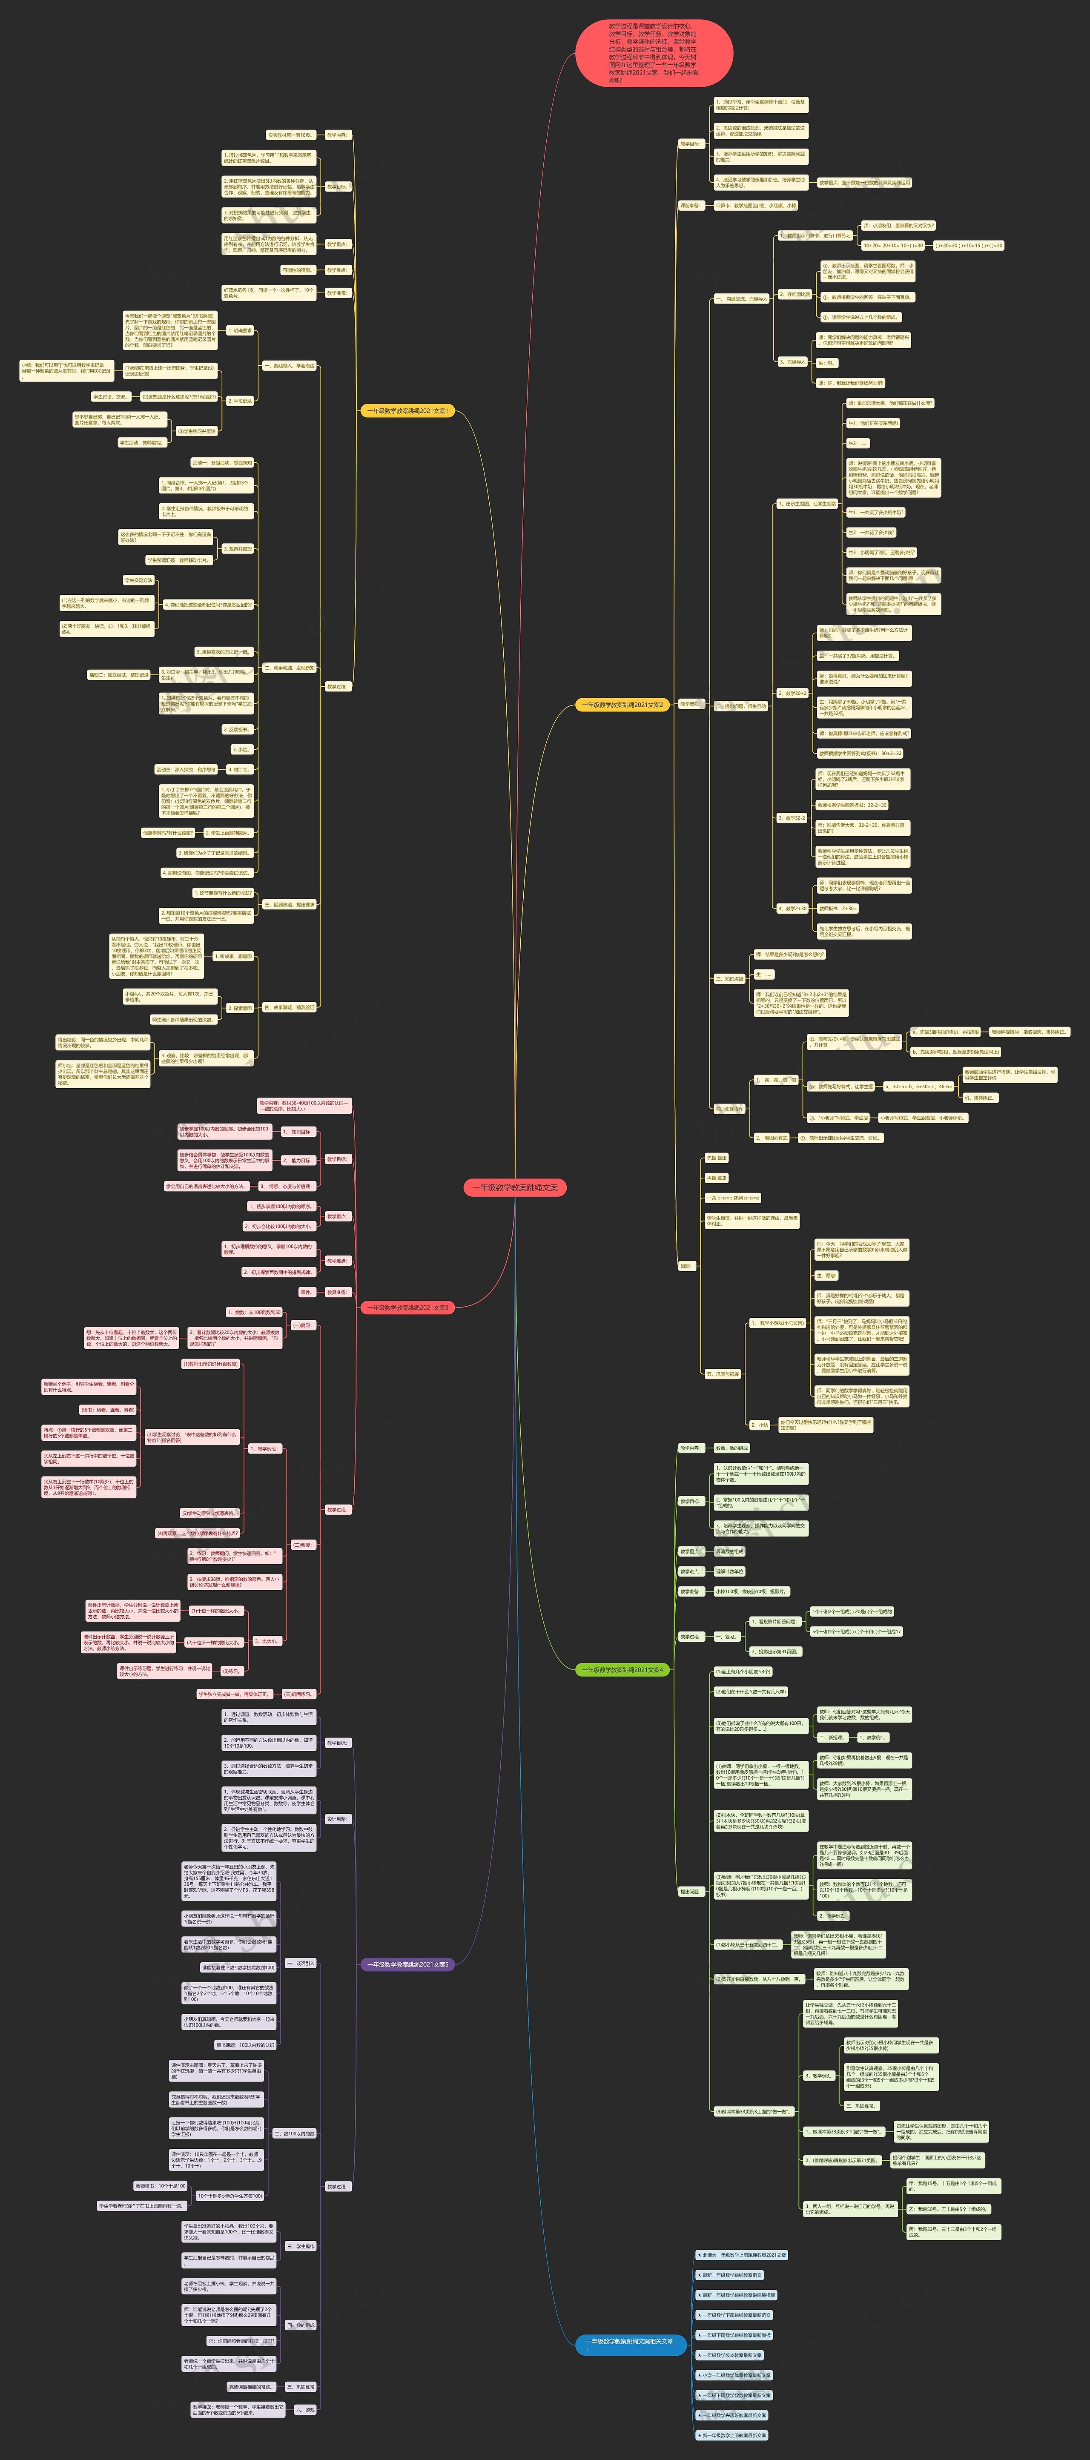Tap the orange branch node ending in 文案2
pos(622,705)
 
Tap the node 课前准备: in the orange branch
pos(690,205)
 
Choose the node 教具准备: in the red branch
pos(337,1292)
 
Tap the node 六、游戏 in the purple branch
pos(304,2408)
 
